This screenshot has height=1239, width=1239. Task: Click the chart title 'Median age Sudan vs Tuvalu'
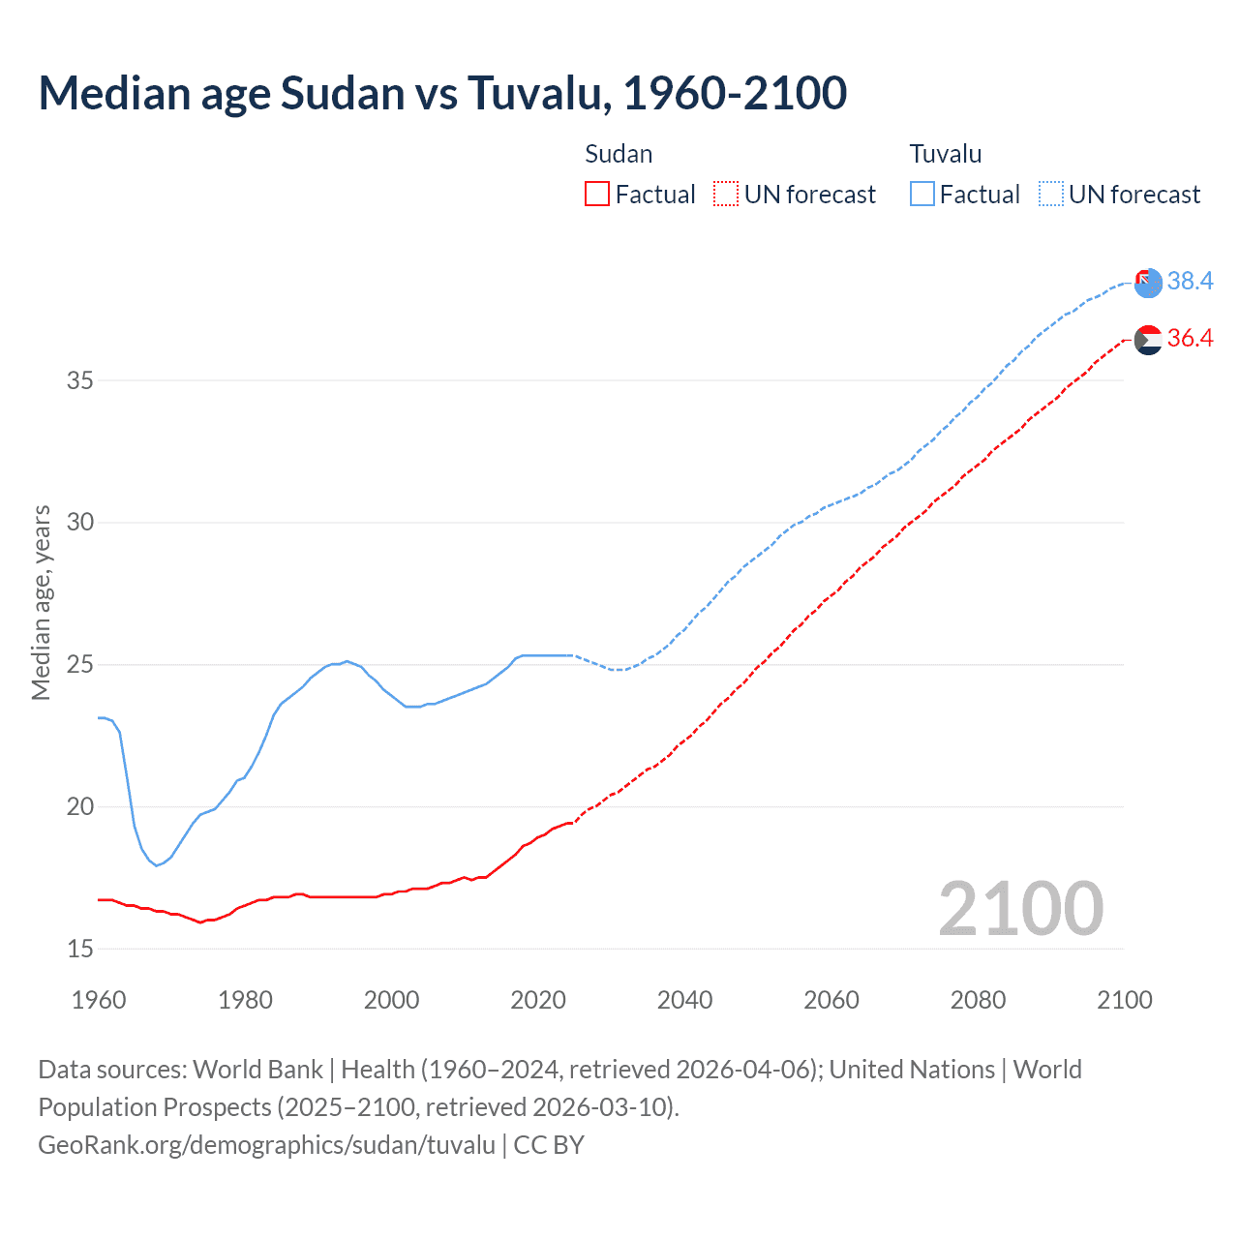coord(442,93)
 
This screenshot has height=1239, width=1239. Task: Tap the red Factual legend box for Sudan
coord(597,195)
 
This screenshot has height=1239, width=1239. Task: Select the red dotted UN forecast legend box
coord(726,195)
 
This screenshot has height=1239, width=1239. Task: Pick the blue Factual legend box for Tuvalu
coord(922,195)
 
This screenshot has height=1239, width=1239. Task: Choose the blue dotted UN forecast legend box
coord(1050,195)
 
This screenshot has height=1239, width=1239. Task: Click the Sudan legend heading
coord(619,154)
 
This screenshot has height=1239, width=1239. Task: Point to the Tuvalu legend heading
coord(945,154)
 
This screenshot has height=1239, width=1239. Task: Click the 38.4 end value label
coord(1190,281)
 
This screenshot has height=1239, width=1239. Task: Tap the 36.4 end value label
coord(1190,338)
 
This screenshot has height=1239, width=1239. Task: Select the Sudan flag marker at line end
coord(1148,341)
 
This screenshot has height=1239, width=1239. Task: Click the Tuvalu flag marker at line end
coord(1148,284)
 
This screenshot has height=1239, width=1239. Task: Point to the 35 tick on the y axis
coord(80,380)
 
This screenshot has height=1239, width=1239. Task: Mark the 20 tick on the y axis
coord(80,807)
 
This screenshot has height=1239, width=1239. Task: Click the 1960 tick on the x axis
coord(99,1000)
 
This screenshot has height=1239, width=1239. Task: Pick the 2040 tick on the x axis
coord(684,1000)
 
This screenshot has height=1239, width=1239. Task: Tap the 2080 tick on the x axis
coord(978,1000)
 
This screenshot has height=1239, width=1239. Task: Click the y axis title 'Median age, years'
coord(41,602)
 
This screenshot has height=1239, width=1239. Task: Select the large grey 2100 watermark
coord(1020,908)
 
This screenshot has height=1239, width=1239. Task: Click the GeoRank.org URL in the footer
coord(266,1145)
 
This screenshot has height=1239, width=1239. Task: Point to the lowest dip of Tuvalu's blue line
coord(156,864)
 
